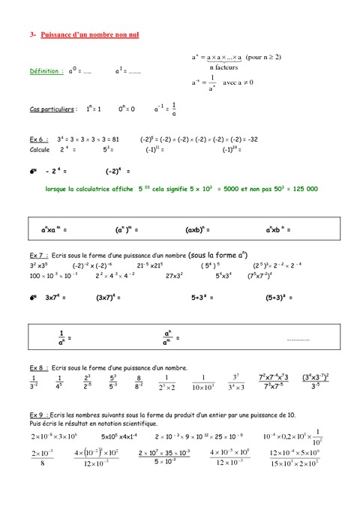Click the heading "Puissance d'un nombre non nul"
pos(83,34)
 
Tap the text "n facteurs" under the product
pos(223,67)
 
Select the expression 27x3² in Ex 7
pos(177,276)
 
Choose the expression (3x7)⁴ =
pos(111,297)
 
